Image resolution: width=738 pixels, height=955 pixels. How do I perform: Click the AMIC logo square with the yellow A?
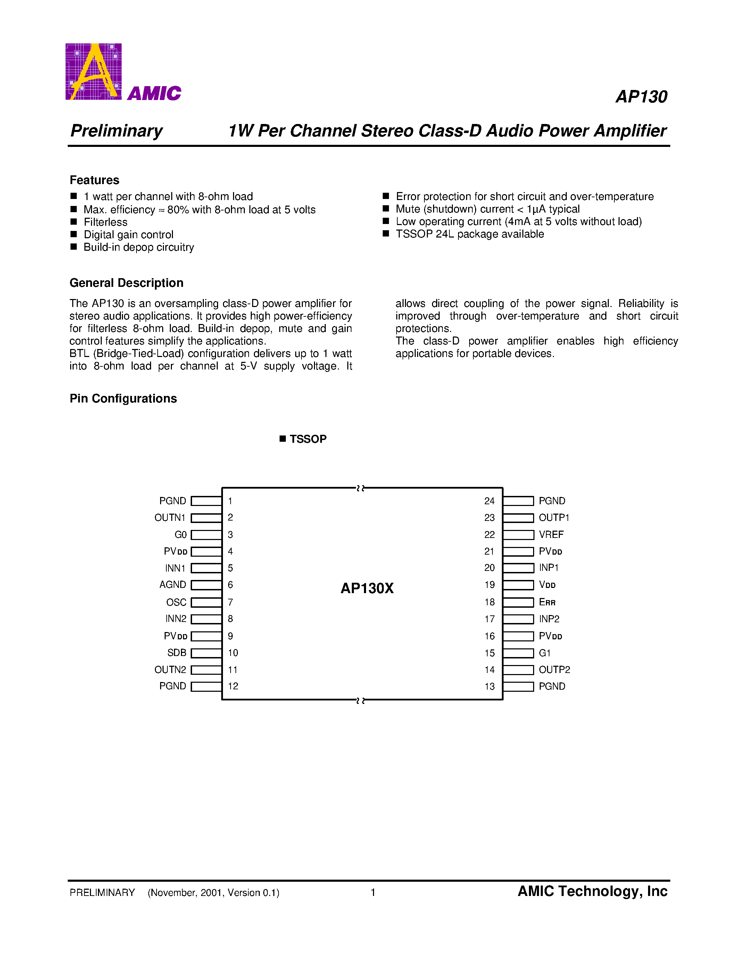pyautogui.click(x=93, y=72)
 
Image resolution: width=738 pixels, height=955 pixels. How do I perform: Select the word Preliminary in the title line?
pyautogui.click(x=116, y=131)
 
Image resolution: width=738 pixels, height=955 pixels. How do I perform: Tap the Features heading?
pyautogui.click(x=94, y=180)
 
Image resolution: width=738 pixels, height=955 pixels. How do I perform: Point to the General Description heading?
pyautogui.click(x=126, y=283)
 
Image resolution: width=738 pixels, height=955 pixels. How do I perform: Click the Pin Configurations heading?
pyautogui.click(x=123, y=398)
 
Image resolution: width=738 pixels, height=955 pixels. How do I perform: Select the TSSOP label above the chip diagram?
pyautogui.click(x=308, y=439)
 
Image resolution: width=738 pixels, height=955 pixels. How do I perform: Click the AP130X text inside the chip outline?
pyautogui.click(x=367, y=588)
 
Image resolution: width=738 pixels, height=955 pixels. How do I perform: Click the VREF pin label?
pyautogui.click(x=551, y=534)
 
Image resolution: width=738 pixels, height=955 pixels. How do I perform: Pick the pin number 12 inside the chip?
pyautogui.click(x=233, y=686)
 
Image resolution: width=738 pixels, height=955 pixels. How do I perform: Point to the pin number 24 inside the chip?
pyautogui.click(x=489, y=501)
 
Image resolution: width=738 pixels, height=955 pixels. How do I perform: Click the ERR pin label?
pyautogui.click(x=547, y=602)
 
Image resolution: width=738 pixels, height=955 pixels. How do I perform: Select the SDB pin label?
pyautogui.click(x=177, y=653)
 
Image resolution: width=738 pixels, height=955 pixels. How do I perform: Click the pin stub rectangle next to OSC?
pyautogui.click(x=206, y=602)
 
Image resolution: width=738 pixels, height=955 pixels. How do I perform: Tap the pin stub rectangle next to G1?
pyautogui.click(x=519, y=653)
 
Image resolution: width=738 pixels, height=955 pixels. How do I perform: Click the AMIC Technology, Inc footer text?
pyautogui.click(x=592, y=891)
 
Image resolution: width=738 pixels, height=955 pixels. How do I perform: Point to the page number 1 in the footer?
pyautogui.click(x=373, y=892)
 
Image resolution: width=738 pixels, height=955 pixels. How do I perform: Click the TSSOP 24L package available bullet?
pyautogui.click(x=470, y=234)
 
